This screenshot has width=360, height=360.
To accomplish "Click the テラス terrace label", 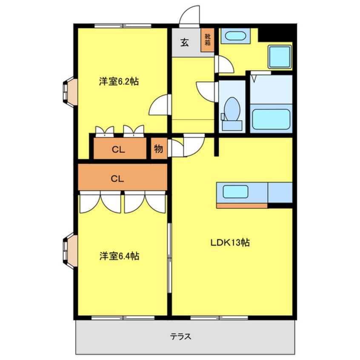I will (180, 336).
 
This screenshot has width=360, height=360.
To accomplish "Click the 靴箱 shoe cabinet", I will (208, 39).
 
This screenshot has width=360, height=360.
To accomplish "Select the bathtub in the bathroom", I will (271, 119).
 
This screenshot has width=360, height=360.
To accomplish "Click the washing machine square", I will (279, 57).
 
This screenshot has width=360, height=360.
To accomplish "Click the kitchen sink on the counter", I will (235, 192).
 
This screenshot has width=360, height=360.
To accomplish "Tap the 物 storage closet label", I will (158, 149).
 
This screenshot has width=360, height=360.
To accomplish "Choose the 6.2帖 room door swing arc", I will (158, 105).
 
